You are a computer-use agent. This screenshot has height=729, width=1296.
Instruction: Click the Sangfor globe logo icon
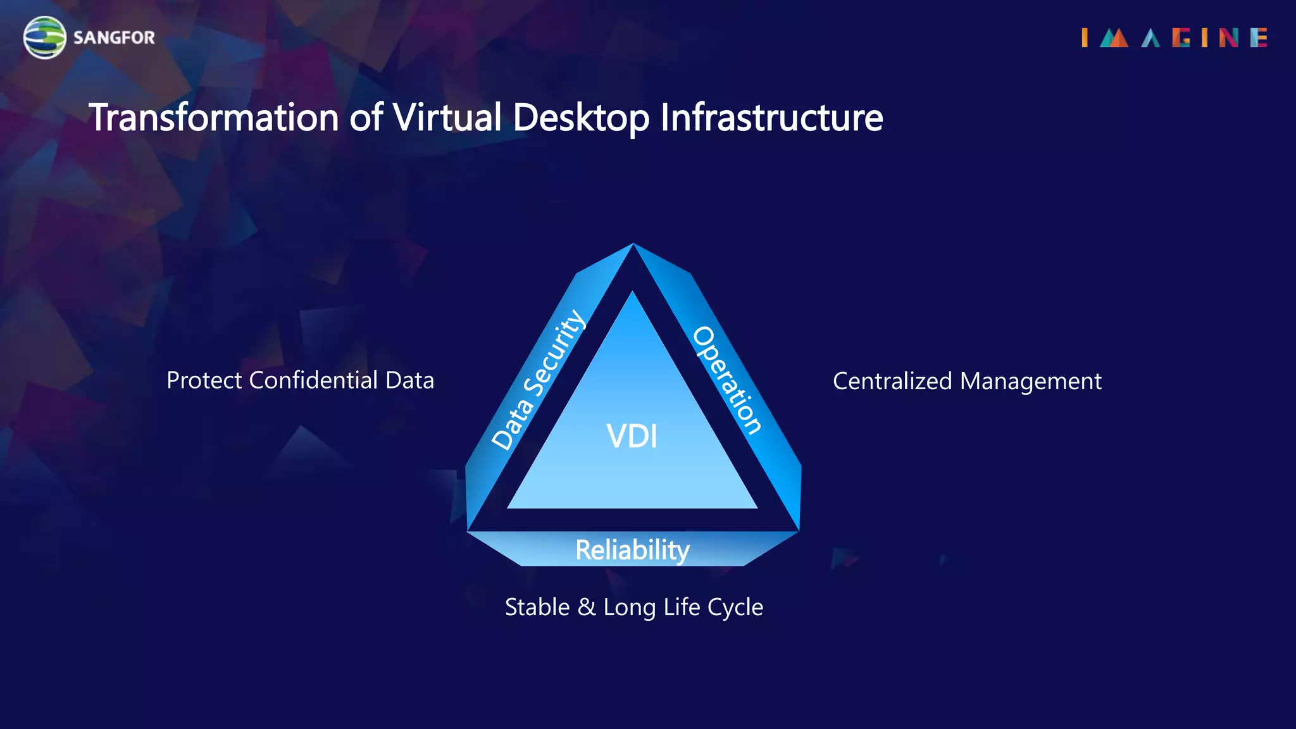pos(44,37)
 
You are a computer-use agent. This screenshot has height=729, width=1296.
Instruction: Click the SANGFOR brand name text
pos(114,38)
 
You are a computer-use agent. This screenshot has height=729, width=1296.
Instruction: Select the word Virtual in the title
pos(447,118)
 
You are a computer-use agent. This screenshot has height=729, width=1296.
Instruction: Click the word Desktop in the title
pos(581,118)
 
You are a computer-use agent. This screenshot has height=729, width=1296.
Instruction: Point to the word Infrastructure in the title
pos(771,118)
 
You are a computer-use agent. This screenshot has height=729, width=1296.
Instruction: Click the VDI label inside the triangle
pos(632,437)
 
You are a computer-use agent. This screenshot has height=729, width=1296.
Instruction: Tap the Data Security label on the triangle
pos(538,380)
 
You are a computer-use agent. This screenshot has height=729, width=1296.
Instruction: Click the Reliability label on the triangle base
pos(632,549)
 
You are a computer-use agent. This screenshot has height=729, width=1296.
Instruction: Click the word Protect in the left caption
pos(204,380)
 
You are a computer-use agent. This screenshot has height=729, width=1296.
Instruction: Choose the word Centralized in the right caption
pos(892,381)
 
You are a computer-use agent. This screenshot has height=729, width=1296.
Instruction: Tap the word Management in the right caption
pos(1031,381)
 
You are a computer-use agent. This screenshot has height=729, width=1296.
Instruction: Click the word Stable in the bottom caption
pos(537,607)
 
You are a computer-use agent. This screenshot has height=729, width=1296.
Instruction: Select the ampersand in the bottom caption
pos(587,607)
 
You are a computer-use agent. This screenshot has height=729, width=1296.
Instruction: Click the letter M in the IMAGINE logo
pos(1114,38)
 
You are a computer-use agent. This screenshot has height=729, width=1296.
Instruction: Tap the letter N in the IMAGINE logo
pos(1228,38)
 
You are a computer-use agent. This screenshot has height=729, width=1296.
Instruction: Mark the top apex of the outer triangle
pos(633,245)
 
